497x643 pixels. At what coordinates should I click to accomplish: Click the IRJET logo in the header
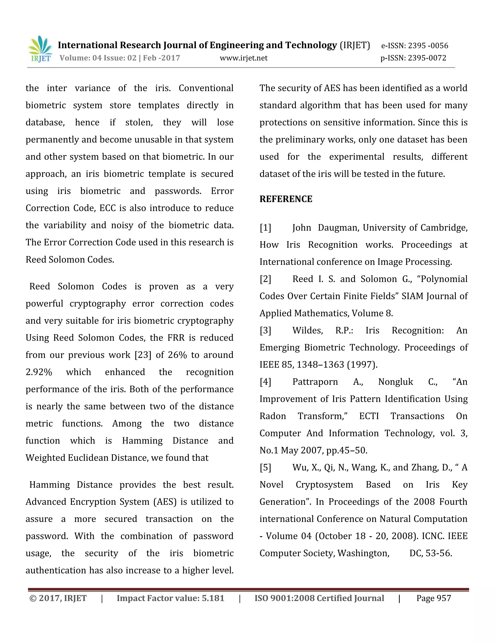point(41,49)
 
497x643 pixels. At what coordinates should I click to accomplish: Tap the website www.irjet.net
point(243,58)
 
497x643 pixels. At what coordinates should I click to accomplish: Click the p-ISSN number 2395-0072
point(427,58)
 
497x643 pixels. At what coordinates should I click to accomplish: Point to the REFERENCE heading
point(286,199)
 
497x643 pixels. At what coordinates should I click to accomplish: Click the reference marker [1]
point(265,228)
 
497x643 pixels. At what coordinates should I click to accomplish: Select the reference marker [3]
point(265,330)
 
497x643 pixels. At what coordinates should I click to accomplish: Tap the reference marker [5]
point(265,468)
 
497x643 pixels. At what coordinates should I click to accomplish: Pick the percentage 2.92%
point(39,372)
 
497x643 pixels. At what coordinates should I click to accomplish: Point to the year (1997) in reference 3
point(362,365)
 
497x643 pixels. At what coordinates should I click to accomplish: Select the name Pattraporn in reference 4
point(315,382)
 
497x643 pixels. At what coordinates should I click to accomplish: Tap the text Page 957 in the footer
point(433,598)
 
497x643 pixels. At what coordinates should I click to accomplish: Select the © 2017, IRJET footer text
point(58,598)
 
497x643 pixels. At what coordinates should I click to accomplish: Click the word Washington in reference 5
point(363,553)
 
